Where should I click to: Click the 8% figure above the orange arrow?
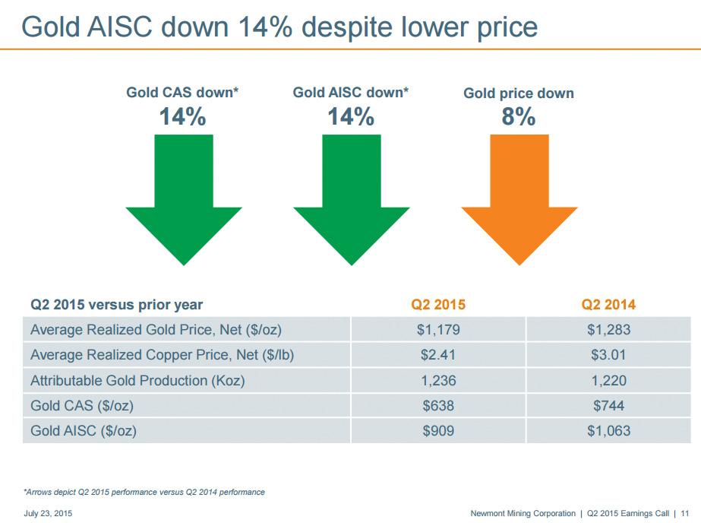(x=519, y=118)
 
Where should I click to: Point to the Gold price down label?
(x=519, y=94)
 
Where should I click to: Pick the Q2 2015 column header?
(x=438, y=305)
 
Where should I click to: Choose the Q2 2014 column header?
(x=608, y=305)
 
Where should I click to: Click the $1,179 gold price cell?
(x=438, y=330)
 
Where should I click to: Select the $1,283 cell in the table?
(x=608, y=330)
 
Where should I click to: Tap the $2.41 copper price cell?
(x=438, y=355)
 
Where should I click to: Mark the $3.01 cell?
(x=608, y=355)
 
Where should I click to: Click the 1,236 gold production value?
(x=438, y=380)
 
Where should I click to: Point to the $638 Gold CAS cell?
(x=438, y=406)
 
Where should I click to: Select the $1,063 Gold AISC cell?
(x=608, y=431)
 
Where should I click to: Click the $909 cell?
(x=438, y=431)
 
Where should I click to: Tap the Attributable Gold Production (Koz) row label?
(x=137, y=380)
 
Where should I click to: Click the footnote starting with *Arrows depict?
(x=144, y=492)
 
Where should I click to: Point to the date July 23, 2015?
(x=49, y=514)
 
